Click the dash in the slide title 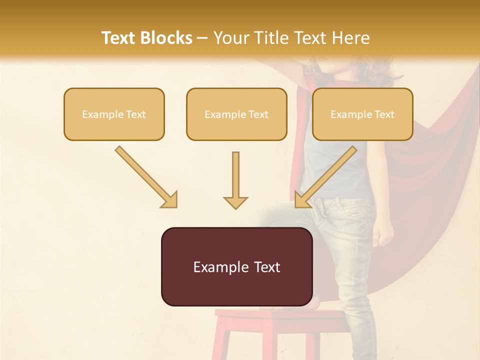[202, 38]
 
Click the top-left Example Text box [114, 114]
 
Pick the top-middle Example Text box [236, 114]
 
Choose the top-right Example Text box [362, 114]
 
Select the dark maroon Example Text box [236, 266]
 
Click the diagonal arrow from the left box [145, 176]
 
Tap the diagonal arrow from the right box [327, 176]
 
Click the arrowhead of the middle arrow [235, 202]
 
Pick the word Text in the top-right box [384, 114]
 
